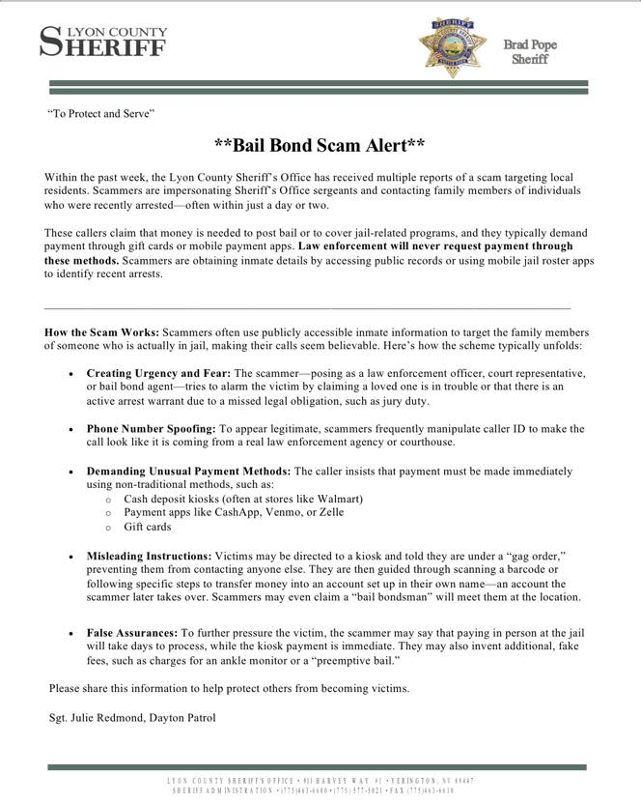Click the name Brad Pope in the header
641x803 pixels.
[530, 44]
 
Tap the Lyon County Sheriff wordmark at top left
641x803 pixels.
[102, 42]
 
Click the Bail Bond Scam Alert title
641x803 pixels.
[320, 146]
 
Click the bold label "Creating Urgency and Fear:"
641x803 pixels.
[158, 373]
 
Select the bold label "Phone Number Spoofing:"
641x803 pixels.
[150, 428]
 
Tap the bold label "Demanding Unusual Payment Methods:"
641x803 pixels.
[188, 471]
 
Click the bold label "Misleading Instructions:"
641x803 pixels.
[149, 557]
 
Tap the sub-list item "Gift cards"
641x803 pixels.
[147, 527]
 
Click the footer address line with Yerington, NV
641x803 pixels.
[320, 781]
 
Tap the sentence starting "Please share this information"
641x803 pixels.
[229, 688]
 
